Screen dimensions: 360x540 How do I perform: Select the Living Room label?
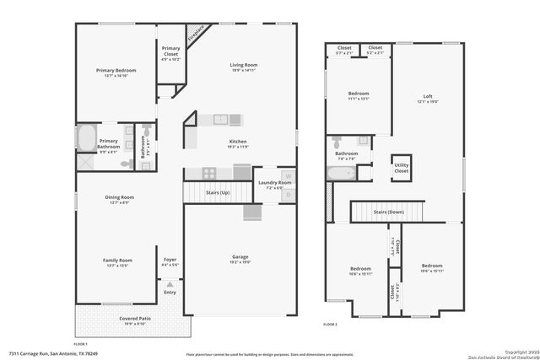244,65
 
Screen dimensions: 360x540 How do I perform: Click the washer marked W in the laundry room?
288,176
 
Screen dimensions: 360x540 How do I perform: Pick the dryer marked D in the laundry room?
288,195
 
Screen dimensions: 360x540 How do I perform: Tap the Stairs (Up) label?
219,193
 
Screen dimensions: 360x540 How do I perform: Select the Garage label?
240,257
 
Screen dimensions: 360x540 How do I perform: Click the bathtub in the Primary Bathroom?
87,137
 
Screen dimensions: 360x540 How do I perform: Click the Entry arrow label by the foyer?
170,292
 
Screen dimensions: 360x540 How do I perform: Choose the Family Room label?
117,261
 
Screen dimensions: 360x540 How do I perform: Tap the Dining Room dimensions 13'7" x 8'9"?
117,202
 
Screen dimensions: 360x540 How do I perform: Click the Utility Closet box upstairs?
401,168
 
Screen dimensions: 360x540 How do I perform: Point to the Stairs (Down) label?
388,212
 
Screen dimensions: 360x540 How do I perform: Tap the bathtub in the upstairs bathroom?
340,174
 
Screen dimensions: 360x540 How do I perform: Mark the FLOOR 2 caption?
331,324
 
